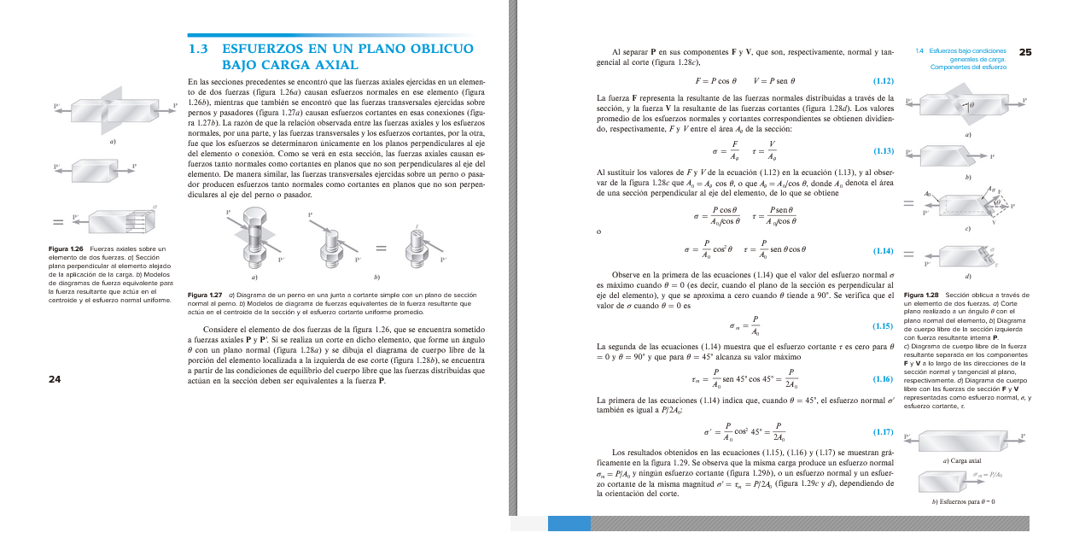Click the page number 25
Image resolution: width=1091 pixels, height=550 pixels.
tap(1024, 53)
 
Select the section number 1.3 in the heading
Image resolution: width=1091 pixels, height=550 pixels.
tap(198, 49)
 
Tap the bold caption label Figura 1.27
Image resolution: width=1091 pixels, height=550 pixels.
tap(204, 295)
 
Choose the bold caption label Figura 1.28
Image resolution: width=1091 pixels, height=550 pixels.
tap(920, 295)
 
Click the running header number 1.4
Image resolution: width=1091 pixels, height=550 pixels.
tap(919, 50)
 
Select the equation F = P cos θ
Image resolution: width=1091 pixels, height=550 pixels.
tap(715, 81)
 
